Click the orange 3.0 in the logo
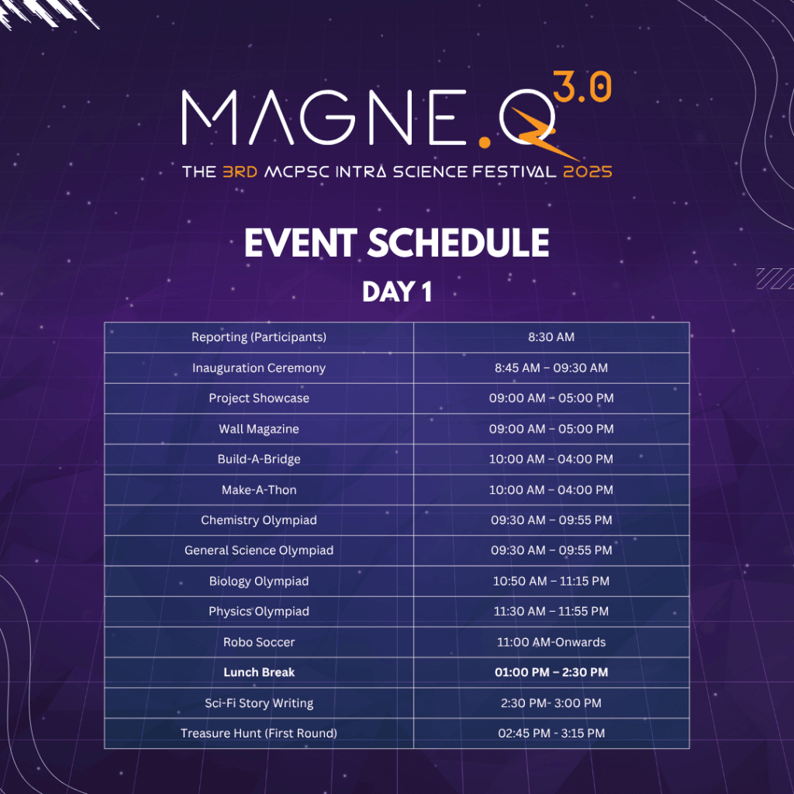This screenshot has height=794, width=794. pos(582,86)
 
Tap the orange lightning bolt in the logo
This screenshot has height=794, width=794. pos(542,132)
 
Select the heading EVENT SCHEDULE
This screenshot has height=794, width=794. pos(396,243)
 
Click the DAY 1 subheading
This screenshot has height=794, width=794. pos(397,292)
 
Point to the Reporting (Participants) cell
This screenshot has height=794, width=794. pos(259,337)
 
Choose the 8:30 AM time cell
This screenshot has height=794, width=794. pos(551,337)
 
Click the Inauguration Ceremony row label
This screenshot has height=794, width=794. pos(259,368)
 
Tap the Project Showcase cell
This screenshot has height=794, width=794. pos(259,398)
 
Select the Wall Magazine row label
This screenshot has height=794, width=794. pos(259,429)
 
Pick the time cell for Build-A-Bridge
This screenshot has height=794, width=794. pos(551,459)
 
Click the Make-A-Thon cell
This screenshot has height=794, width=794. pos(259,490)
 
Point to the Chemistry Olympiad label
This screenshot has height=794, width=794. pos(259,520)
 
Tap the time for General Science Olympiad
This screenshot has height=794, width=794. pos(551,551)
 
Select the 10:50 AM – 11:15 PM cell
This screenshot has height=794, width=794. pos(551,581)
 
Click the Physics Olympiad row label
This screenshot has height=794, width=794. pos(259,612)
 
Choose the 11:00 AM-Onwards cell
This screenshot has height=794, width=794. pos(551,642)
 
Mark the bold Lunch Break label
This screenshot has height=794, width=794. pos(259,672)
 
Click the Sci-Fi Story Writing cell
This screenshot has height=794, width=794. pos(259,703)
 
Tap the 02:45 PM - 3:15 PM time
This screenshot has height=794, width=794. pos(551,734)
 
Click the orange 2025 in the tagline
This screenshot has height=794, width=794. pos(588,171)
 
